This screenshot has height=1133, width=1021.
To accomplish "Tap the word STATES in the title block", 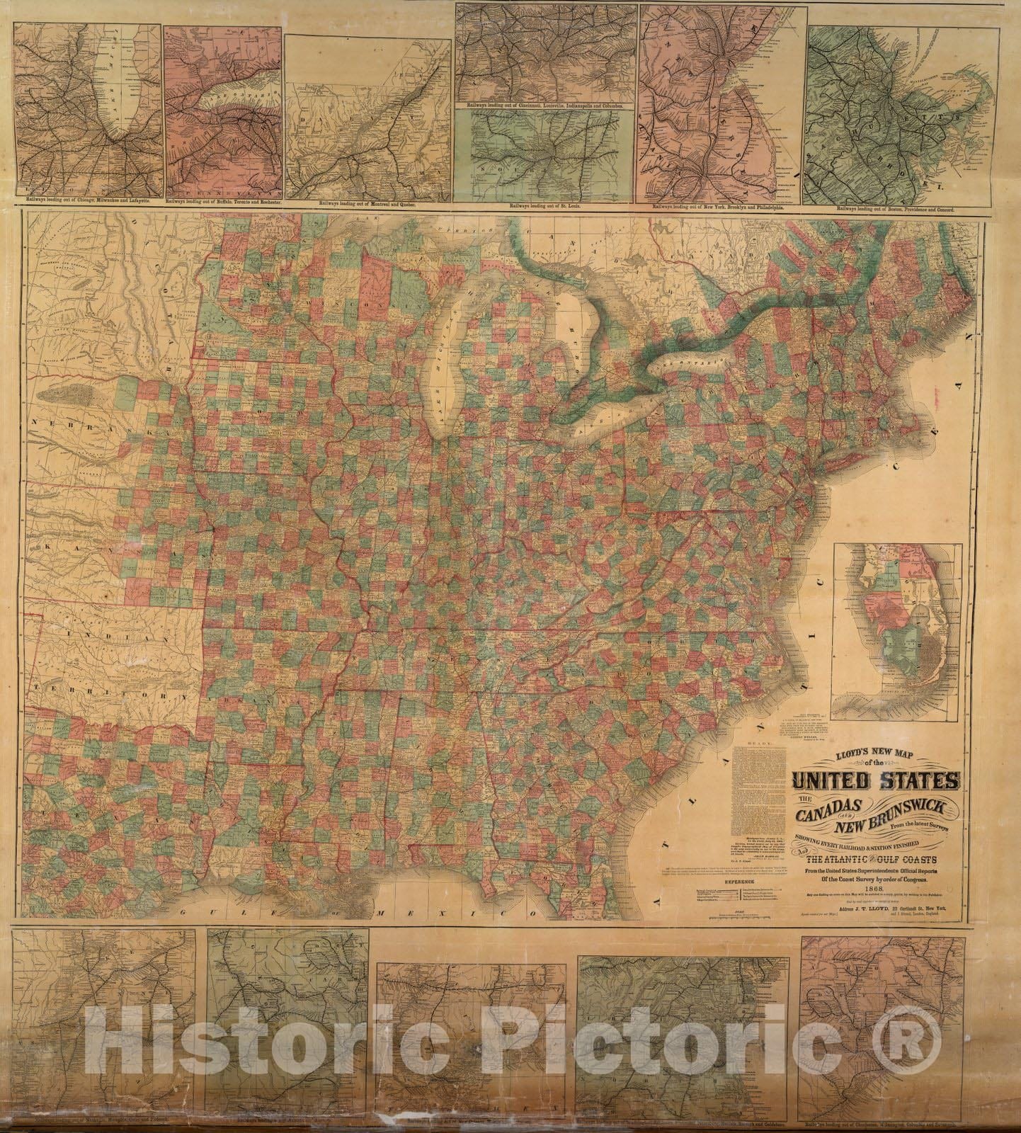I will (x=918, y=781).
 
